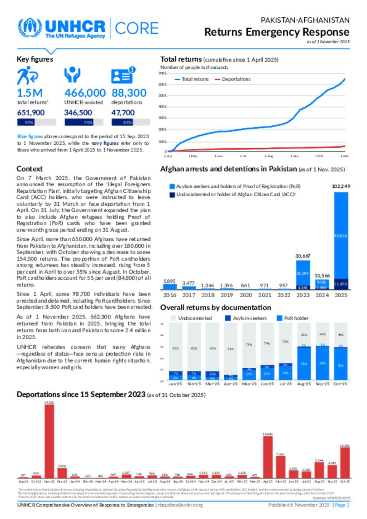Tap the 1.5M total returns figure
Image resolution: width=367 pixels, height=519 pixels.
(x=30, y=93)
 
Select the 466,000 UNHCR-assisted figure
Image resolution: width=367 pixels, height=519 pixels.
(x=85, y=93)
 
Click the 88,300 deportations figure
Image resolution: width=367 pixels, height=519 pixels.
(x=129, y=93)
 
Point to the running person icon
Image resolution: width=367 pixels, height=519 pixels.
(x=27, y=76)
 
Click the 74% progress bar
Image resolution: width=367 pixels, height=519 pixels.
(x=84, y=122)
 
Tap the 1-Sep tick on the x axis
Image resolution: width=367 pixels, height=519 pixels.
(x=294, y=156)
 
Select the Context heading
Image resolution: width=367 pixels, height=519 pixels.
(x=29, y=169)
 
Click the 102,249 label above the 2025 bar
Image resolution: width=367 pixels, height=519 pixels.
(x=341, y=186)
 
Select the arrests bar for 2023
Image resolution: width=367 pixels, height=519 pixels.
(x=303, y=275)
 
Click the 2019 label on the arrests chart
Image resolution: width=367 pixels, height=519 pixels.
(x=227, y=295)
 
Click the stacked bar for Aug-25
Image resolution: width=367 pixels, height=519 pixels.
(x=304, y=351)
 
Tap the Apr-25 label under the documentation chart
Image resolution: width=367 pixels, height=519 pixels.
(x=230, y=384)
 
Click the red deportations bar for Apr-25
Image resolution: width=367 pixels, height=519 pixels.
(x=268, y=457)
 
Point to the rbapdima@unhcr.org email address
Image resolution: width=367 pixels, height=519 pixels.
(x=180, y=505)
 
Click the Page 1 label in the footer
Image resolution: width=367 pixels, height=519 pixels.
(x=342, y=505)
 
